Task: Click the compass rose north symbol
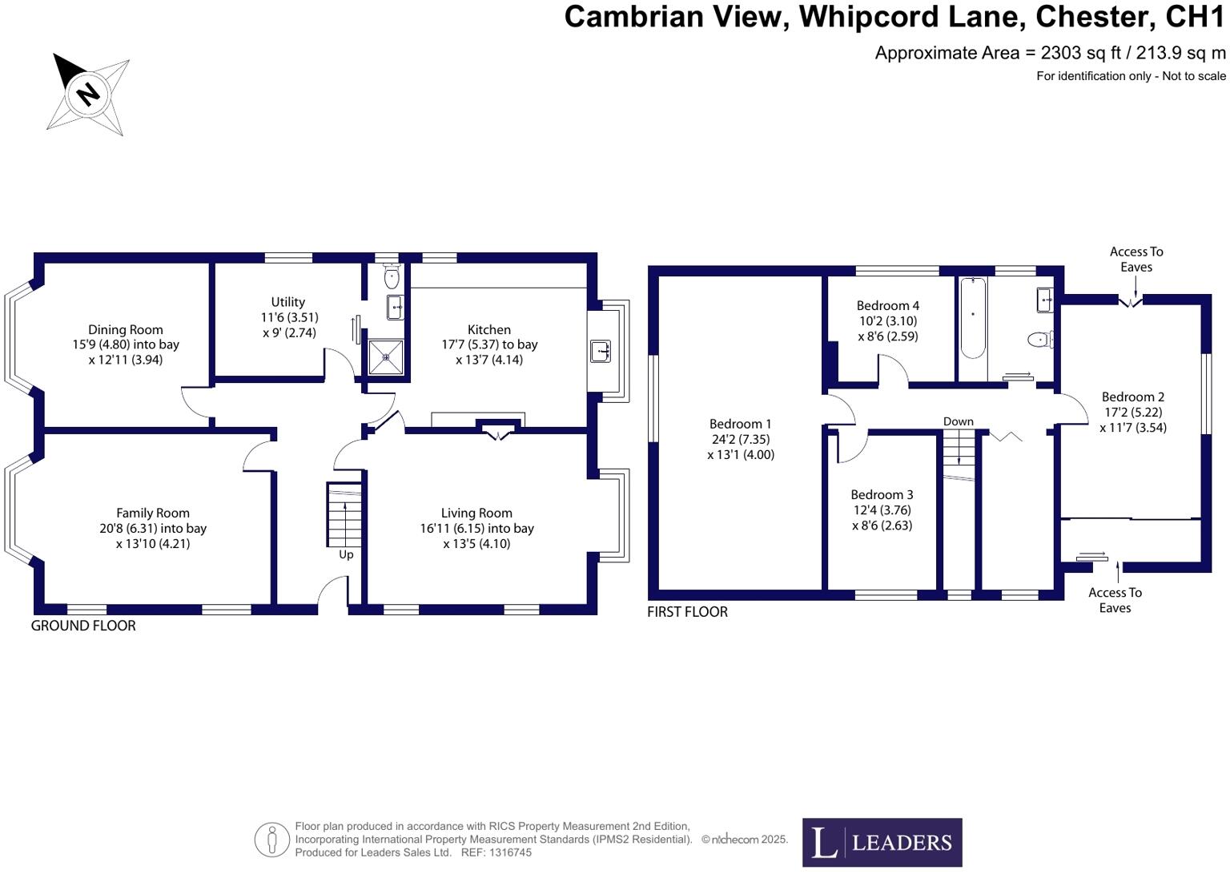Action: point(87,94)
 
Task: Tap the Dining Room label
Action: point(126,329)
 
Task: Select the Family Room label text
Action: point(153,513)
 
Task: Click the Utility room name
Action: point(287,302)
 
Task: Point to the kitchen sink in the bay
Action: point(601,351)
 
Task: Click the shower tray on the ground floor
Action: point(385,357)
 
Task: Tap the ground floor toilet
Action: point(391,277)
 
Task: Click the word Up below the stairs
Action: point(346,554)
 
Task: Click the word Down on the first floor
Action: point(958,421)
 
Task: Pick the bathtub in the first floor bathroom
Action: point(972,318)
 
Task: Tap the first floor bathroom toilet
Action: point(1040,340)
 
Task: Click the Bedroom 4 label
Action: point(887,305)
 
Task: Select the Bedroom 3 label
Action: point(882,494)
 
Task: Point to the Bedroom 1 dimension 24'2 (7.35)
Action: point(741,439)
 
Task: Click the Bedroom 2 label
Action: point(1132,397)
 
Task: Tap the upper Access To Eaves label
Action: point(1136,259)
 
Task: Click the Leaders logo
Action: point(882,842)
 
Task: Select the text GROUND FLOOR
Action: point(83,626)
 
